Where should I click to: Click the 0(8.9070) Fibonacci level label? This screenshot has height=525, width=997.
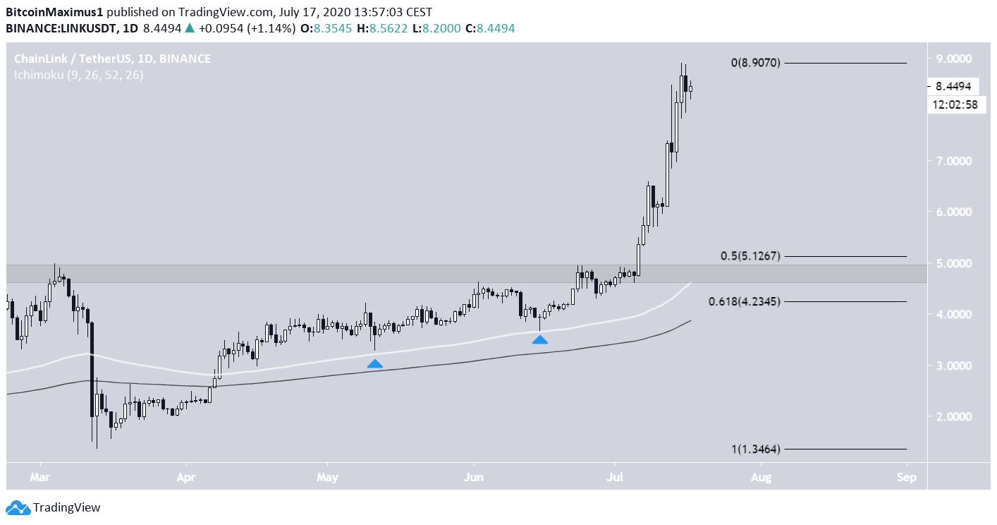tap(755, 63)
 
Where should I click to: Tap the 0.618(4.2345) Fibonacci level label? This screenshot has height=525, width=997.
tap(744, 301)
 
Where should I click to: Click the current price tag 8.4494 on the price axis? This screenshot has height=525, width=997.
tap(953, 86)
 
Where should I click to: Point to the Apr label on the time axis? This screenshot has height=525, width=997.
tap(185, 477)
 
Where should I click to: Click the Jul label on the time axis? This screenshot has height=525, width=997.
tap(615, 477)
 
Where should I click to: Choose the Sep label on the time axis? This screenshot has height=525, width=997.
tap(907, 477)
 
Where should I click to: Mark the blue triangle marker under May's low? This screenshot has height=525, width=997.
tap(375, 363)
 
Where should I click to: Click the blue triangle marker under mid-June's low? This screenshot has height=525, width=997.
tap(539, 339)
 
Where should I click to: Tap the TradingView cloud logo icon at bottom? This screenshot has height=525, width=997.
tap(18, 507)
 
